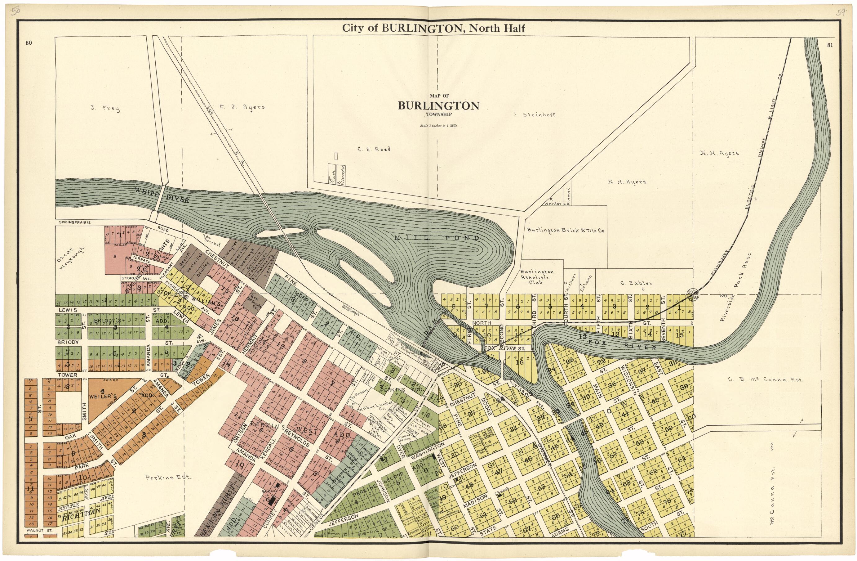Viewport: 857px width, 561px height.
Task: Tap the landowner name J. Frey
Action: point(105,108)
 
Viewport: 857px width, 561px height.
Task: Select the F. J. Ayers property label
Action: point(242,107)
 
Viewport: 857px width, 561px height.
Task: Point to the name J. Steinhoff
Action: point(534,115)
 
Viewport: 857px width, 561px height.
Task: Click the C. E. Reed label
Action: point(374,149)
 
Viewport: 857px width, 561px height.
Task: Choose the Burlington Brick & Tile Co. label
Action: point(566,230)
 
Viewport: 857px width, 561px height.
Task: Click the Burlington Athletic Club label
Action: point(537,277)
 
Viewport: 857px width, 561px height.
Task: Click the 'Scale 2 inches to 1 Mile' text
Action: point(438,126)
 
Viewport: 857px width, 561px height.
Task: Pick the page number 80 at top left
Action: point(29,43)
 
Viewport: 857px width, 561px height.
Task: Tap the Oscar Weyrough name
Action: point(70,264)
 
